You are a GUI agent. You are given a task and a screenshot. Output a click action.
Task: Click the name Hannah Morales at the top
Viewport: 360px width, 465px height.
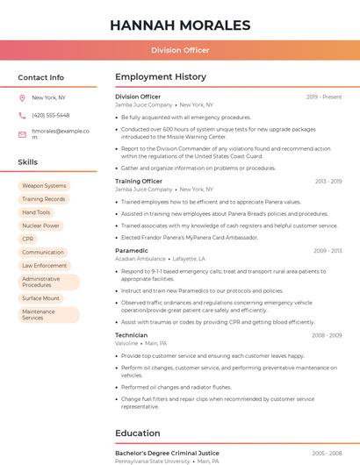(x=179, y=25)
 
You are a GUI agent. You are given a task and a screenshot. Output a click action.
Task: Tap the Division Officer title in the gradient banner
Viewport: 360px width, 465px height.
(x=179, y=51)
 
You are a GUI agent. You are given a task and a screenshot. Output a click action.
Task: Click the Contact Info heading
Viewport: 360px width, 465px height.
(x=41, y=77)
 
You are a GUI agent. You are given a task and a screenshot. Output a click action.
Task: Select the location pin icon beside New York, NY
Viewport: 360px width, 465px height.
(x=22, y=97)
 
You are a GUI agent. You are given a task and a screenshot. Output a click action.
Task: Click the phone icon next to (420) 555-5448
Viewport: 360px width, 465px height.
(x=22, y=115)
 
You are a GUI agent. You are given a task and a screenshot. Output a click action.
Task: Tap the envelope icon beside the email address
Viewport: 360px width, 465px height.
(x=22, y=134)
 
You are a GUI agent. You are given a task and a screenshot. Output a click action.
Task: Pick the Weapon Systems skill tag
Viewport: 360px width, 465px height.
(x=44, y=186)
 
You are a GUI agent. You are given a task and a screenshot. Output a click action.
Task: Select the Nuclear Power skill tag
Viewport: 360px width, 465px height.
(x=40, y=225)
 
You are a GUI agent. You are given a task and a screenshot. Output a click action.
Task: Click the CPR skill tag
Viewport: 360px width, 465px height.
(x=28, y=239)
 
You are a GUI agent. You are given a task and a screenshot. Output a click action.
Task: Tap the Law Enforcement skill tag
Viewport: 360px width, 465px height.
(x=45, y=265)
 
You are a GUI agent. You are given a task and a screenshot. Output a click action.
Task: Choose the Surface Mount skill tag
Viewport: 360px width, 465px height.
(x=40, y=298)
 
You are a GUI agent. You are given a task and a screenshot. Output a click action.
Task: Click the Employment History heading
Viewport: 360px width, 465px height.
(x=161, y=77)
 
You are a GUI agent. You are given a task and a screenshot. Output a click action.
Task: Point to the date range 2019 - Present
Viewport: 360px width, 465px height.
(x=324, y=97)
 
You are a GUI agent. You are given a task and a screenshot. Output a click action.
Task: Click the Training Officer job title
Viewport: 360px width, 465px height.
(x=139, y=181)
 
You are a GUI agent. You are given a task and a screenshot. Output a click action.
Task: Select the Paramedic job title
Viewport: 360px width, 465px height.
(x=132, y=251)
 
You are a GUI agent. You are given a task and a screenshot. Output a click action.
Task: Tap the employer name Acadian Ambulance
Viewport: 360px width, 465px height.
(x=140, y=259)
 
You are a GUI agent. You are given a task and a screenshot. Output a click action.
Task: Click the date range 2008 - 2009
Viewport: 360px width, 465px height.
(x=327, y=335)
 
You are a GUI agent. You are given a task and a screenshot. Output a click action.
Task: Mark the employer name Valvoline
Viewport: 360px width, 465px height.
(x=126, y=343)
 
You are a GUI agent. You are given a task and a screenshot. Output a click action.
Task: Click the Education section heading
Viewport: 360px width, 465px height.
(x=138, y=433)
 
